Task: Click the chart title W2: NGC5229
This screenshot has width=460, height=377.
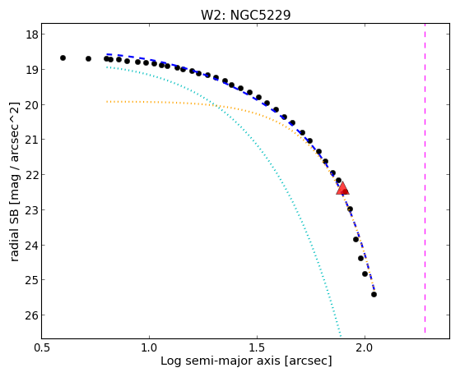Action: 245,15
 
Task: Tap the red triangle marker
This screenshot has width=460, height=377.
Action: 342,188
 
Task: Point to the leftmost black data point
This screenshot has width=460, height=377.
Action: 63,58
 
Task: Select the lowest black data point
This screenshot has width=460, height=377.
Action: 374,294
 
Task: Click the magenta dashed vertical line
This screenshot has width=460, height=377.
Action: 425,181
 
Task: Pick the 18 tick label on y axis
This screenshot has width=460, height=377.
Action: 32,34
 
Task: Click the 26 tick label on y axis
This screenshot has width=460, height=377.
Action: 32,315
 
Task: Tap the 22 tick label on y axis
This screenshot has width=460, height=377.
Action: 32,175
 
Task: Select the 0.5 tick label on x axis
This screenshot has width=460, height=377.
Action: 43,347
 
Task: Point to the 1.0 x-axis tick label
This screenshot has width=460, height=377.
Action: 149,347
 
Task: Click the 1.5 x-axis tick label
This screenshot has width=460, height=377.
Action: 257,347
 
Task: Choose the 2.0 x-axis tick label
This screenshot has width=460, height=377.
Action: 365,347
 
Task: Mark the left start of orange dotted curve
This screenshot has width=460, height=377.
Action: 107,102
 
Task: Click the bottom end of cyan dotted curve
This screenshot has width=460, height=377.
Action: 341,336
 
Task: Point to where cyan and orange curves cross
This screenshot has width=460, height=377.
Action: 217,105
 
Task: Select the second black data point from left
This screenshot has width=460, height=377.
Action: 88,58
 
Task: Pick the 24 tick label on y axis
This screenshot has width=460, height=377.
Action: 32,246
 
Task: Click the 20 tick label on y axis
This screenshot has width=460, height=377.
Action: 32,105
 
